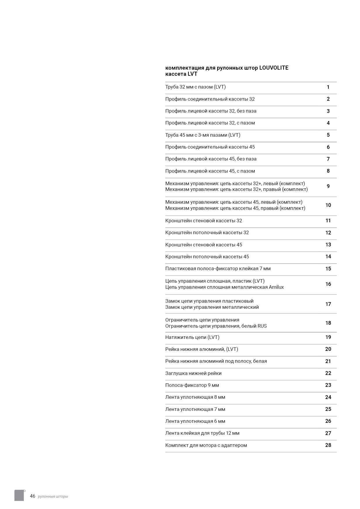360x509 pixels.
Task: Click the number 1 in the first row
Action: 328,87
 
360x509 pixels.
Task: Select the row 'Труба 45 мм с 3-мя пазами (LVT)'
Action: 203,135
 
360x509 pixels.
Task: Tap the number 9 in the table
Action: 328,186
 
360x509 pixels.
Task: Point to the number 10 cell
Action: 328,205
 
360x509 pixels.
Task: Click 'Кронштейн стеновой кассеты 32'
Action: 204,221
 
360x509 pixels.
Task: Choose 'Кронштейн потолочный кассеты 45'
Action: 207,257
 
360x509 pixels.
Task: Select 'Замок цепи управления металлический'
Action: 212,307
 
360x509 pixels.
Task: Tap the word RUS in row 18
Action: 262,326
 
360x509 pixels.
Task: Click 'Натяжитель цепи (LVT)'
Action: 192,337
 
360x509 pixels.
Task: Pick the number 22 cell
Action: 328,373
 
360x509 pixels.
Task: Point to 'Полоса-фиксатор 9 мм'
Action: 192,385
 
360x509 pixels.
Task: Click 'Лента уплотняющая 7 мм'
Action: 195,409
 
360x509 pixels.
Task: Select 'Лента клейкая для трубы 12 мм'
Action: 202,433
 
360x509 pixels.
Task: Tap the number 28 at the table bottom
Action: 328,445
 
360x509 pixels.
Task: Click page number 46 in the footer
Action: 33,496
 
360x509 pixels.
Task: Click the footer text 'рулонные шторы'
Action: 53,497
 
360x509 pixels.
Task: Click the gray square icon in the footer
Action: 19,495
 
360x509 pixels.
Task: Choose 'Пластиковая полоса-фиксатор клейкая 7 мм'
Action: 218,268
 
